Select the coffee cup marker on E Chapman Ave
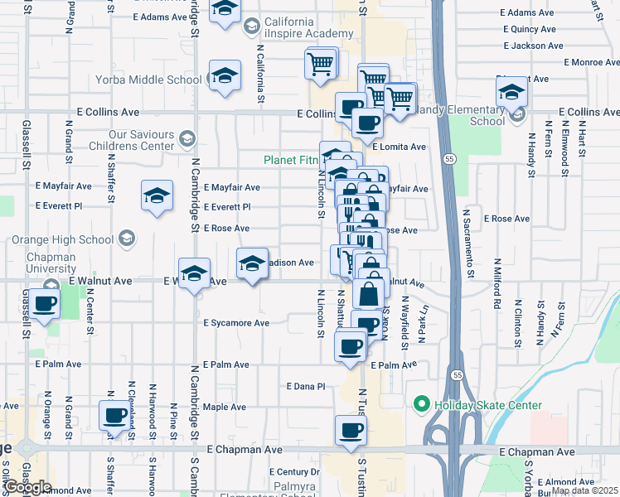point(351,431)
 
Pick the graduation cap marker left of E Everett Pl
point(157,196)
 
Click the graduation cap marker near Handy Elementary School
point(512,92)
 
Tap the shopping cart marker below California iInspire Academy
point(320,63)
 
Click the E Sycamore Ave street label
point(237,323)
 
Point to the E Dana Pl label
point(306,386)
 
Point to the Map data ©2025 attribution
point(584,490)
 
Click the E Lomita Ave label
point(399,147)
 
